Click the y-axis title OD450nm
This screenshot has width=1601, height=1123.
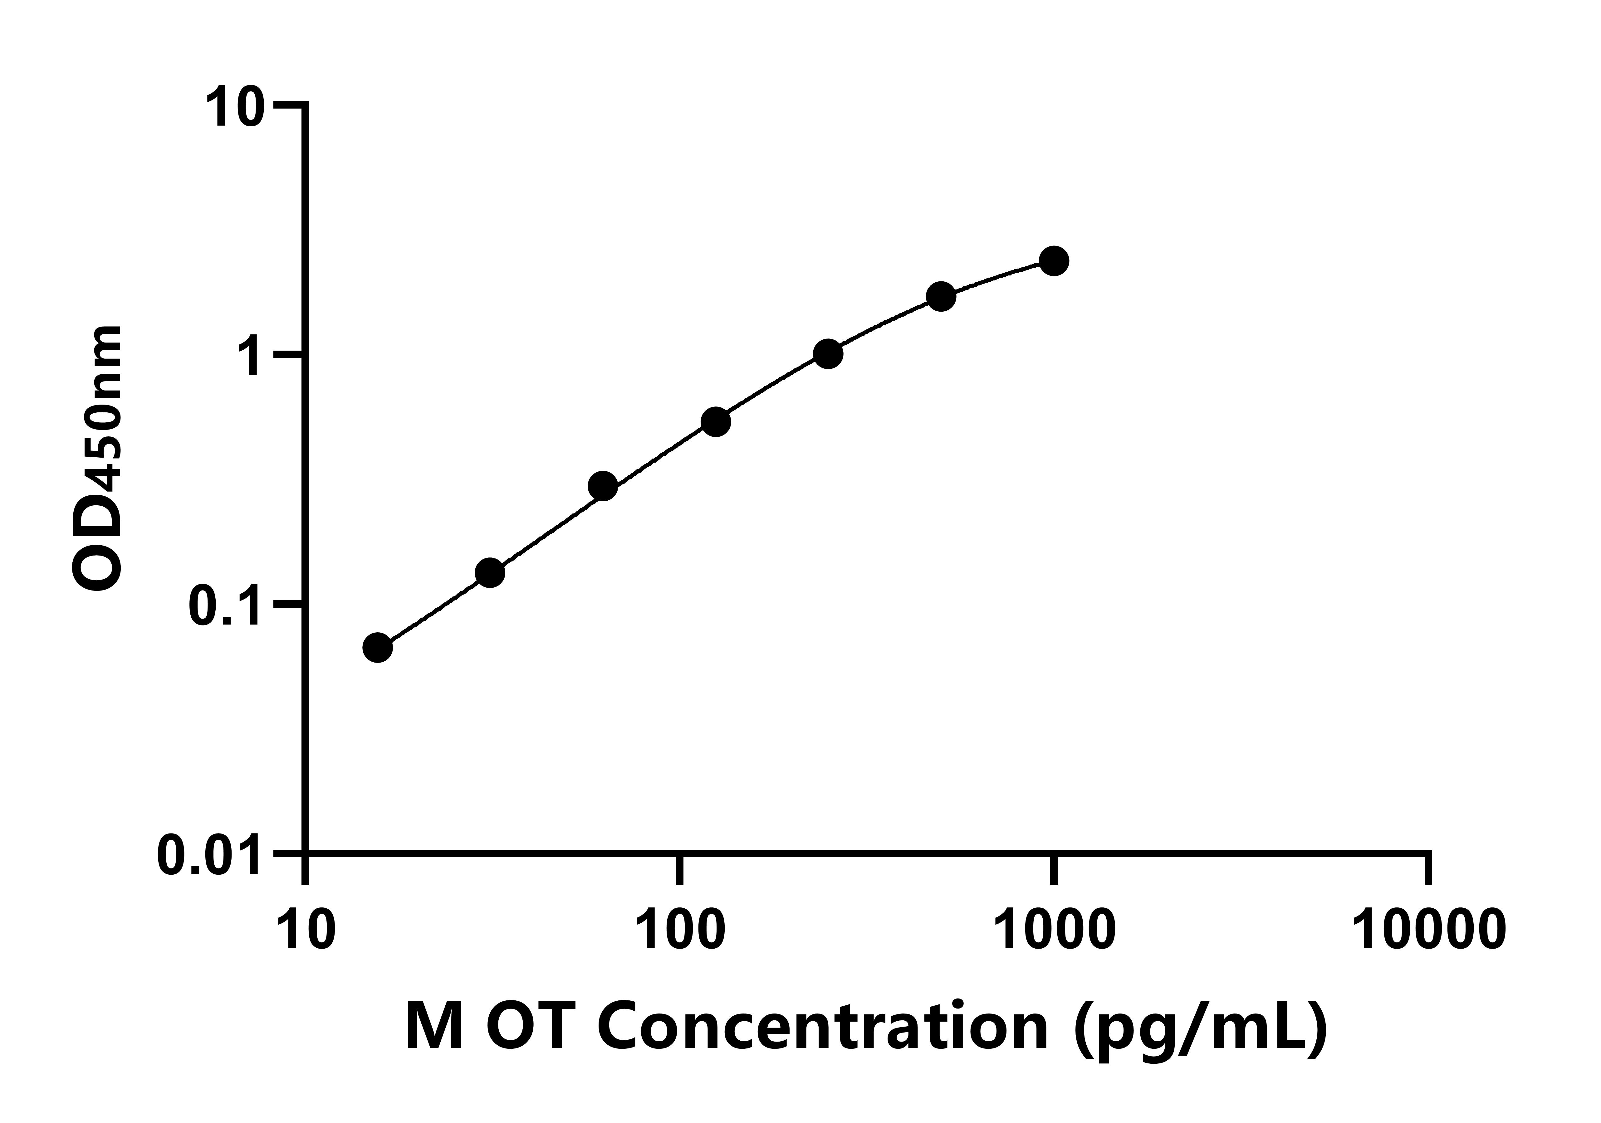point(98,460)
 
